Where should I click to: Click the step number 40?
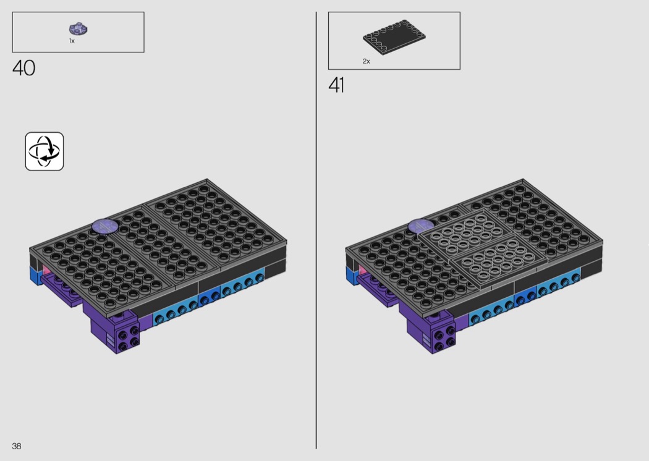point(24,68)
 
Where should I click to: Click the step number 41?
point(336,85)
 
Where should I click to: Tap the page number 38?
point(17,446)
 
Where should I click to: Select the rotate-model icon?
point(45,151)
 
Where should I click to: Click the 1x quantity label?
point(72,41)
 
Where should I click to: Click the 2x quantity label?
point(367,61)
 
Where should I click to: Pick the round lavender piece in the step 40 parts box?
point(78,29)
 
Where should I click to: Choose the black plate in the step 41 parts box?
point(394,37)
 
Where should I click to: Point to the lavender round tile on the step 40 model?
point(105,226)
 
